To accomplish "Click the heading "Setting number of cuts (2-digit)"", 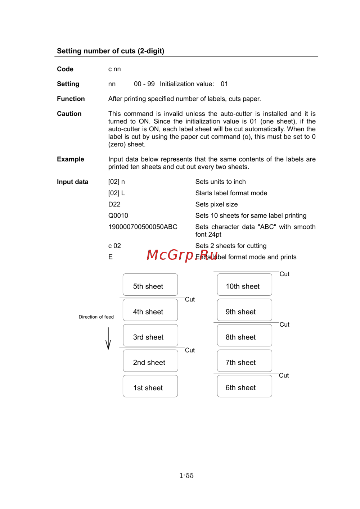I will pos(111,51).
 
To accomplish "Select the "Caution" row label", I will pos(69,114).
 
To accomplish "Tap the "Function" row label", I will pos(71,99).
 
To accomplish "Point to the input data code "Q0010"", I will pos(118,215).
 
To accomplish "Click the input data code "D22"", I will pos(114,204).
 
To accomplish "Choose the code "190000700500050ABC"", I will pos(143,227).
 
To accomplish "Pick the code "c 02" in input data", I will pos(114,246).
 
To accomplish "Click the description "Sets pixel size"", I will pos(216,204).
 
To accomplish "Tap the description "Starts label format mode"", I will pos(231,193).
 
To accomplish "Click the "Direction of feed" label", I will pos(96,317).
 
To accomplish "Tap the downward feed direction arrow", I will pos(108,338).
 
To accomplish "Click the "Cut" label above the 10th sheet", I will pos(284,274).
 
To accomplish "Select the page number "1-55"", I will pos(186,476).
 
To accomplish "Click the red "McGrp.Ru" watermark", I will pos(182,255).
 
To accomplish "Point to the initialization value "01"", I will pos(224,84).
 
